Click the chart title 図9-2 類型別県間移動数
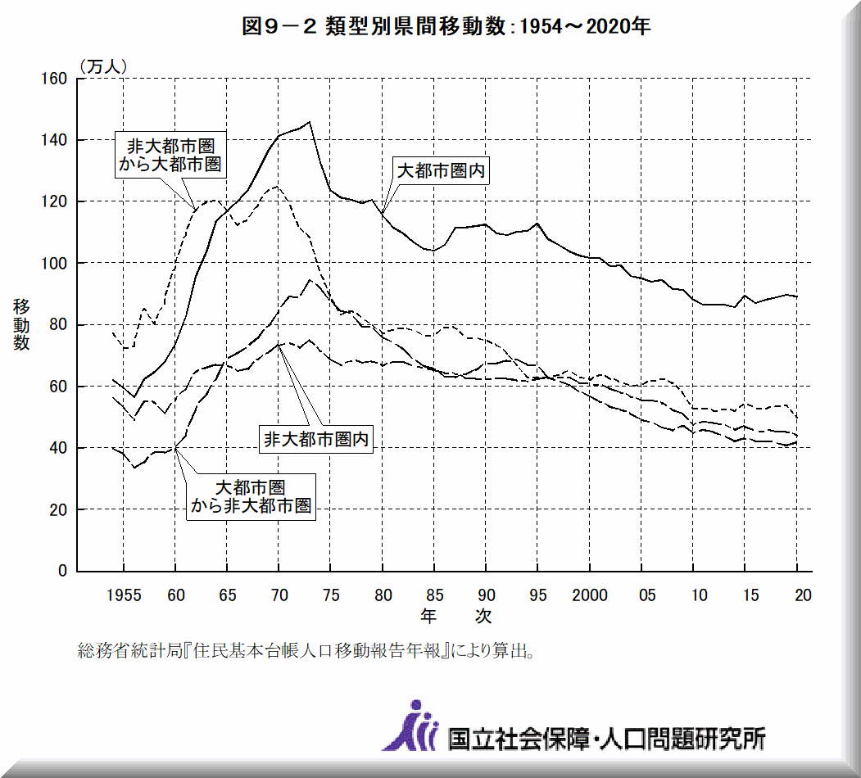(x=446, y=27)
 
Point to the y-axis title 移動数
(x=21, y=325)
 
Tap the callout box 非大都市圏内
(x=315, y=439)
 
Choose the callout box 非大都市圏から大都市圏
(x=170, y=154)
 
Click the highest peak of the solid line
(x=309, y=122)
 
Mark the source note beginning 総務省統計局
(x=308, y=652)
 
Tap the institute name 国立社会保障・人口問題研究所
(x=606, y=738)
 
